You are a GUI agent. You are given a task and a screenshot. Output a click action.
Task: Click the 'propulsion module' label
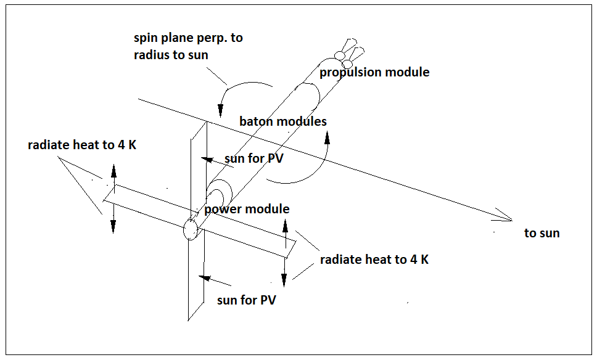[x=374, y=72]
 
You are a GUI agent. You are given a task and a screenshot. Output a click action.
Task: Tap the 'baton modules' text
[x=282, y=121]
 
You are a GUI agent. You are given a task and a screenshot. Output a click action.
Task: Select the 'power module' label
[x=247, y=209]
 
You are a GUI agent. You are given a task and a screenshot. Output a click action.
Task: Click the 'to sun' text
[x=541, y=233]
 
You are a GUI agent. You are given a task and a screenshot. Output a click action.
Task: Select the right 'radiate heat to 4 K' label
[x=374, y=260]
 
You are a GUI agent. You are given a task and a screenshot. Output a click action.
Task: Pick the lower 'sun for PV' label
[x=245, y=300]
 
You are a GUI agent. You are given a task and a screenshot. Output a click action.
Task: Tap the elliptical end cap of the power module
[x=191, y=230]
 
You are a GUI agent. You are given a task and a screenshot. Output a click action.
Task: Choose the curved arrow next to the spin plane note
[x=241, y=89]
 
